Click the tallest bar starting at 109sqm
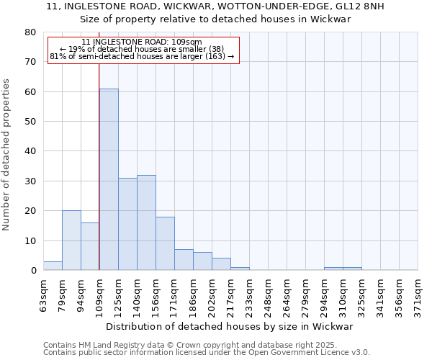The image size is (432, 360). (109, 179)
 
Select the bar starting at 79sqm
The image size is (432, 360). (71, 240)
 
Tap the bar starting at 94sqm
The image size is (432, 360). (90, 246)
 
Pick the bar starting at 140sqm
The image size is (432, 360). (146, 222)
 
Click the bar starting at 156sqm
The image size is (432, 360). (165, 243)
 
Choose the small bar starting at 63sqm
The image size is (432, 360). (53, 266)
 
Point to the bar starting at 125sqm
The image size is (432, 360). (127, 224)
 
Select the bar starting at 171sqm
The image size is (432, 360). (184, 260)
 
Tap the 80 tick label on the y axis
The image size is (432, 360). (30, 32)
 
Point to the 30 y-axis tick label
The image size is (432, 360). (30, 181)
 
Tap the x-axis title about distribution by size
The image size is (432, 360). (234, 326)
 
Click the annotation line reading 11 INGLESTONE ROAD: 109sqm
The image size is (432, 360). (142, 42)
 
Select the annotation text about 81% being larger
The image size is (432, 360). (142, 56)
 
